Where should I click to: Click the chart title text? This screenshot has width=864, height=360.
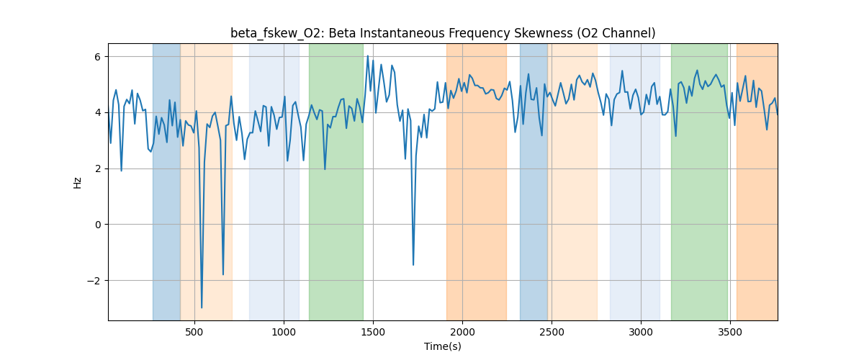pos(443,33)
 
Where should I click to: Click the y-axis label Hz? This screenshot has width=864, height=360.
pos(77,182)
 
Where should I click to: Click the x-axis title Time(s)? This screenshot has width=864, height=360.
pos(443,346)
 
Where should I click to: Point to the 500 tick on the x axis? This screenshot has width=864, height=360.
pos(194,331)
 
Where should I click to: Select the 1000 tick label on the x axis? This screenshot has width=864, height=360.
pos(284,331)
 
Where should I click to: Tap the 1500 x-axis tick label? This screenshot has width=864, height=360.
pos(373,331)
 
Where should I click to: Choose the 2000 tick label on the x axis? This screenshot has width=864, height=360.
pos(462,331)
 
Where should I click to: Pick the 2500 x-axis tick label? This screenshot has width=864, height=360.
pos(552,331)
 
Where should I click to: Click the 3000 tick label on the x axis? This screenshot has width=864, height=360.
pos(641,331)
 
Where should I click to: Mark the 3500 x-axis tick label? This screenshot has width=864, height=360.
pos(730,331)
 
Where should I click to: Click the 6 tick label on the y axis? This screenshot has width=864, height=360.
pos(99,57)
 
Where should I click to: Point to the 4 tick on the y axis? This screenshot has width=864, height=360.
pos(99,112)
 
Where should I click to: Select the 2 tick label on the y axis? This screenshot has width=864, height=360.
pos(99,168)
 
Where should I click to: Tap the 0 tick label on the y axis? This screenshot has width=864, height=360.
pos(99,225)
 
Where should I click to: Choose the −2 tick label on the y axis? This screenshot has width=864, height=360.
pos(96,281)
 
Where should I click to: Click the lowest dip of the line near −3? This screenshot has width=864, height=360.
pos(202,307)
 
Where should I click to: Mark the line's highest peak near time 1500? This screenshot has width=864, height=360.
pos(367,56)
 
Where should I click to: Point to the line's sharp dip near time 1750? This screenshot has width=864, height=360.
pos(413,264)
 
